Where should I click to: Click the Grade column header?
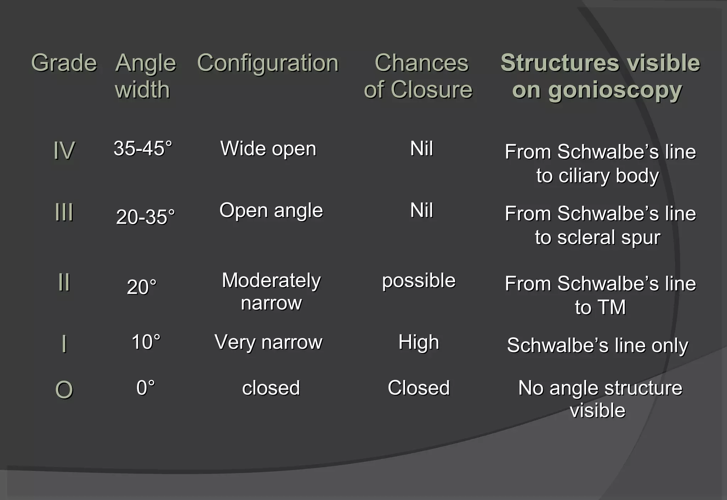point(64,63)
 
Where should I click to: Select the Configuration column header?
point(268,63)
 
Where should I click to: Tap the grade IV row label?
point(64,150)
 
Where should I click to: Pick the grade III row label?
point(64,212)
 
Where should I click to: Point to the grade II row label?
point(64,282)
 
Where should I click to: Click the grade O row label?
point(64,390)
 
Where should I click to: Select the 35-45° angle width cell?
point(143,148)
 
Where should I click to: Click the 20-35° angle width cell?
point(145,217)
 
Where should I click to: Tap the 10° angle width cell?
point(146,342)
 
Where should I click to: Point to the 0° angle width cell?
point(146,387)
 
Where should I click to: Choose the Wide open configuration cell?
point(268,148)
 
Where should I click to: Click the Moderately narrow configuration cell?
point(271,291)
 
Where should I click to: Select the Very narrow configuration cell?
point(268,342)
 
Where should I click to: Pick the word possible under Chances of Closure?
point(419,281)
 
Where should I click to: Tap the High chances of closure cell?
point(419,342)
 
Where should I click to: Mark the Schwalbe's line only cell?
point(597,345)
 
